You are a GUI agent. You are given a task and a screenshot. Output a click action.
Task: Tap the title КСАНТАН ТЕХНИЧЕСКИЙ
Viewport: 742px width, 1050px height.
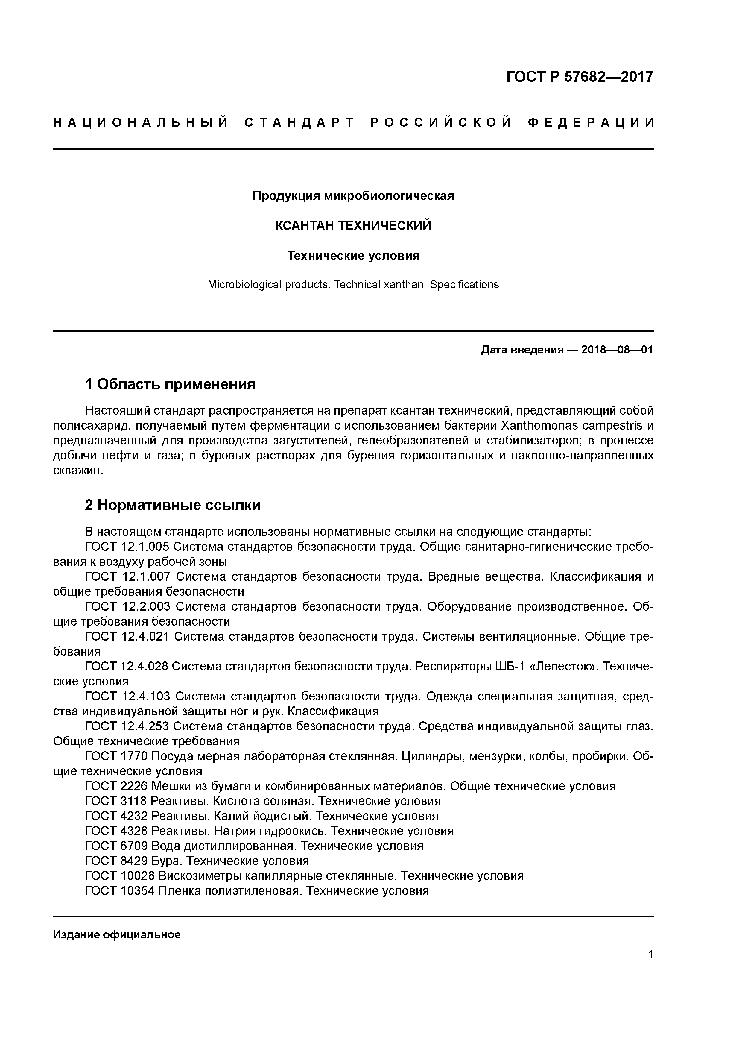353,226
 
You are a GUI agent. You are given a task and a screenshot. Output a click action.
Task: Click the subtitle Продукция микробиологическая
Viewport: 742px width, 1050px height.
353,196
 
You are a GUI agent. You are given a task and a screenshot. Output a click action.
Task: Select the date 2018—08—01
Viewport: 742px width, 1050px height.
617,350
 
